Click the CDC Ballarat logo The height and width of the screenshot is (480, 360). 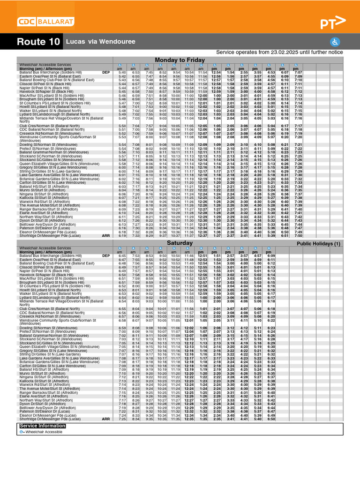[x=45, y=22]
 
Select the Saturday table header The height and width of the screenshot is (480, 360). [x=180, y=243]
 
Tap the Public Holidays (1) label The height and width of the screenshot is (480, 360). [x=319, y=244]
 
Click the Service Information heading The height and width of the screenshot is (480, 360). [x=43, y=426]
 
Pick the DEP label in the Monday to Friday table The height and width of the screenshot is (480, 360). [x=106, y=73]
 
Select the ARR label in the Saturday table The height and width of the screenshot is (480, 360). [x=106, y=419]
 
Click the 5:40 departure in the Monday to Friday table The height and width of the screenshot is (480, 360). [x=122, y=73]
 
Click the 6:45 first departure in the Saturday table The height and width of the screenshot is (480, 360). [x=122, y=255]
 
